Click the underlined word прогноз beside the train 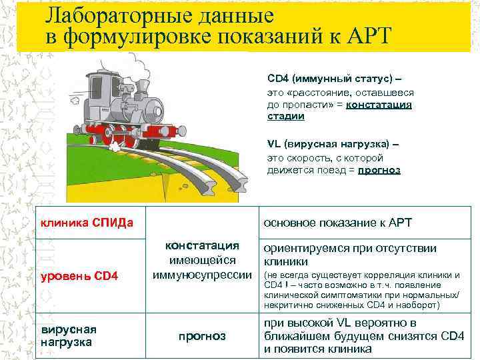click(x=379, y=170)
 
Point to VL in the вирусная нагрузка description click(x=273, y=145)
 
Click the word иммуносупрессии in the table click(x=202, y=275)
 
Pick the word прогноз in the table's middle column click(x=203, y=337)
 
